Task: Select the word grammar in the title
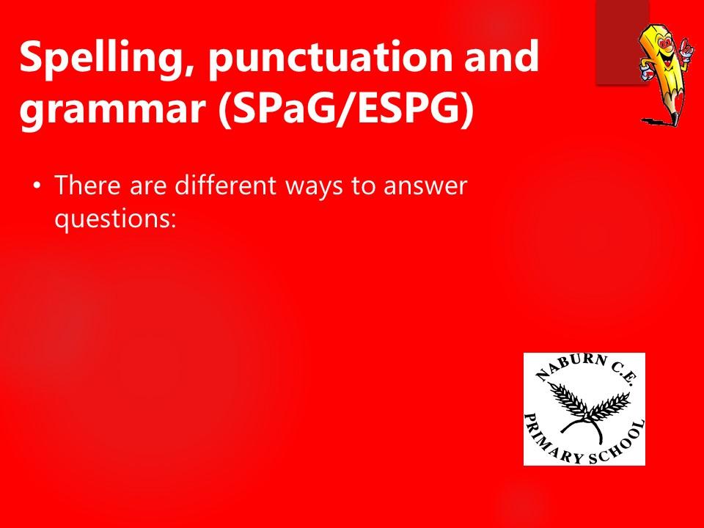pos(113,111)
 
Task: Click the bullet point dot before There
pos(37,185)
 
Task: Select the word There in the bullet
pos(87,185)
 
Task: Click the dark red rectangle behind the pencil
pos(622,43)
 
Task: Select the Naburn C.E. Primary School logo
pos(584,409)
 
